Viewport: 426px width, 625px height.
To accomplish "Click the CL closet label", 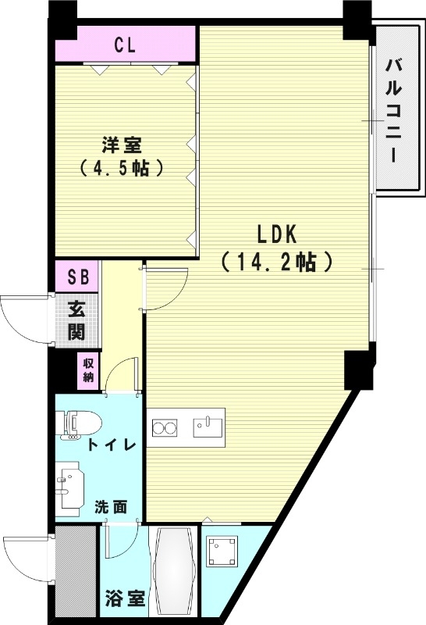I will [125, 45].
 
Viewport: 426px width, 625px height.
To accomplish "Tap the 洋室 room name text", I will [121, 145].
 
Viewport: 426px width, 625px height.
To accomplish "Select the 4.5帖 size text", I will [121, 167].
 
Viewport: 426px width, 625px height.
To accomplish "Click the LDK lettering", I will [277, 234].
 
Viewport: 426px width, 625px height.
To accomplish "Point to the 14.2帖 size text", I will [277, 261].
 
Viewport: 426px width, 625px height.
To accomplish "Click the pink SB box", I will [77, 276].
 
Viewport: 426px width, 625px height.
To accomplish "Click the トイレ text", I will [112, 445].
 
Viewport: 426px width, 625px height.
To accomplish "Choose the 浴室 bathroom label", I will [124, 599].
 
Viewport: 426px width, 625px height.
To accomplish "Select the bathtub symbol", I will [176, 572].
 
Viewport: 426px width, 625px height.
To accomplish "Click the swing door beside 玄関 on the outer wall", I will [23, 320].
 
